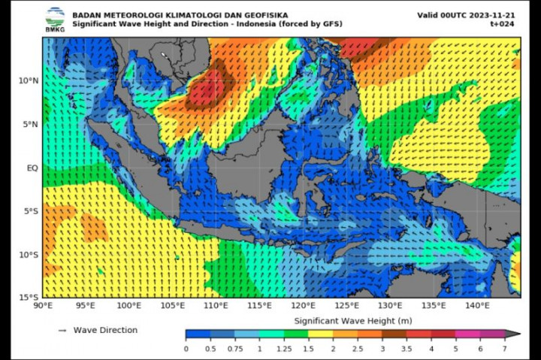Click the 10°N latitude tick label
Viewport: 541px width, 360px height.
(x=29, y=80)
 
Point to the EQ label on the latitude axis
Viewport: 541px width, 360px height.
(x=32, y=168)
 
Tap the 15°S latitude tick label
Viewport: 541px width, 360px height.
(x=29, y=298)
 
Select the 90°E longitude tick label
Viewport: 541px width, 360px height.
(x=43, y=306)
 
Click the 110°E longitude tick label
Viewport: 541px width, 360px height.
(x=216, y=306)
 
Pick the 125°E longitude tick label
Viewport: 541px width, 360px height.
(x=346, y=306)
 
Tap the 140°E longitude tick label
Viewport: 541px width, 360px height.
(x=476, y=306)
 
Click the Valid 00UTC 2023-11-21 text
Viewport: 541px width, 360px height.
(x=467, y=15)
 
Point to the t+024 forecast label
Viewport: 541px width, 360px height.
(x=501, y=23)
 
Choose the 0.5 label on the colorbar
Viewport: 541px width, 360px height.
(x=210, y=349)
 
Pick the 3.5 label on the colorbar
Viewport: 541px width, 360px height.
(x=406, y=349)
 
